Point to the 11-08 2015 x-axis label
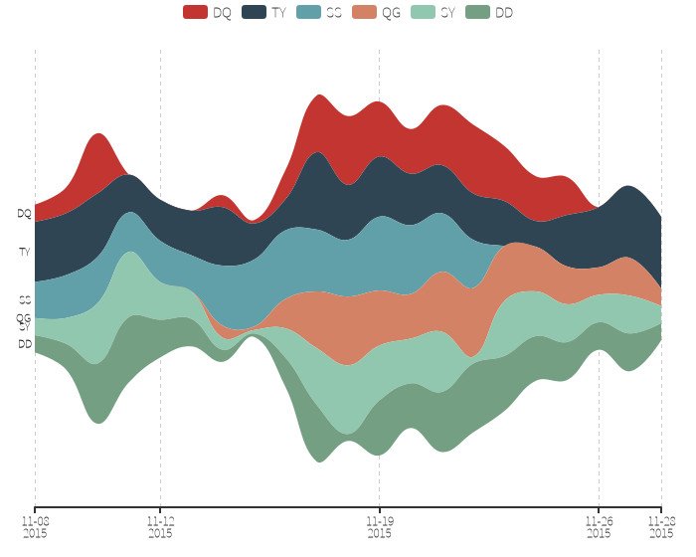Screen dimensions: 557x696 point(35,526)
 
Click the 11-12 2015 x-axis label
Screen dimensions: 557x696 point(160,526)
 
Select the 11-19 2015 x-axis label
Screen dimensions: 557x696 point(379,526)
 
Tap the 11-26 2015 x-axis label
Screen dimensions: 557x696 point(599,526)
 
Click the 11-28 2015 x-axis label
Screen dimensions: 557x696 point(662,526)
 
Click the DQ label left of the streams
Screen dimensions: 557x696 point(24,213)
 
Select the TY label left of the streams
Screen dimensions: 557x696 point(24,253)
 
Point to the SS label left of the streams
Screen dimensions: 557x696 point(24,298)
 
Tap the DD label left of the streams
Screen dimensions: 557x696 point(24,344)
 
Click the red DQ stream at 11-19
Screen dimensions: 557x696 point(379,129)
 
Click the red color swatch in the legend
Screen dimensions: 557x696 point(195,12)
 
